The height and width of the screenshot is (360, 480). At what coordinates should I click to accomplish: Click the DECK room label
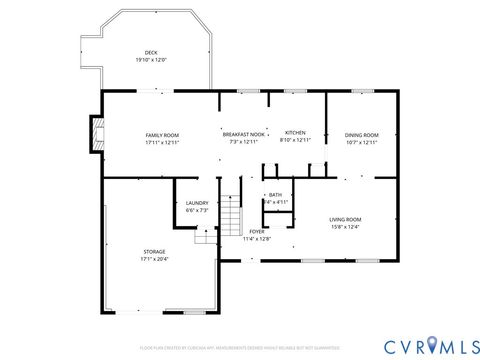[151, 52]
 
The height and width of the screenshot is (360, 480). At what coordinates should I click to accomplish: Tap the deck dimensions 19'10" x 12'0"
[151, 59]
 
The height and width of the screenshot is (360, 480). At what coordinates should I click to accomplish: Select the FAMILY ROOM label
[162, 135]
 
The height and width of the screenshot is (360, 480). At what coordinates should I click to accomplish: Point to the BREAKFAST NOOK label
[243, 134]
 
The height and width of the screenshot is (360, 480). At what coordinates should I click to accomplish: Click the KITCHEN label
[295, 133]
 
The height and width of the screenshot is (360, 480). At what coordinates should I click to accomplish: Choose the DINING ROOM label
[362, 135]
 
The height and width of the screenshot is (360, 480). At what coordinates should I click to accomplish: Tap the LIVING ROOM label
[346, 219]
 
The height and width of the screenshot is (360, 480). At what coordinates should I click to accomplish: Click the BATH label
[275, 195]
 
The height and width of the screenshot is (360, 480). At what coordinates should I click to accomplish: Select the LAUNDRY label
[197, 203]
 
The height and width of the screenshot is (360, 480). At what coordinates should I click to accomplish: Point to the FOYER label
[257, 231]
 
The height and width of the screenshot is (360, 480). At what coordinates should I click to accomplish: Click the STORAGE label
[154, 251]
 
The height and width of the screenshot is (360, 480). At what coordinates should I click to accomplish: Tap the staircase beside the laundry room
[232, 212]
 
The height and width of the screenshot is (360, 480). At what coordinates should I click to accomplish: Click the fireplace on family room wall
[96, 134]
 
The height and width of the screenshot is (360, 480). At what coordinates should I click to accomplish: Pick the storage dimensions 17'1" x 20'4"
[154, 258]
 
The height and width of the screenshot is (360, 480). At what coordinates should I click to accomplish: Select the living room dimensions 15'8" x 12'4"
[346, 226]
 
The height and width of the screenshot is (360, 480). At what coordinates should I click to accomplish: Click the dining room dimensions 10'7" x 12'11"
[362, 142]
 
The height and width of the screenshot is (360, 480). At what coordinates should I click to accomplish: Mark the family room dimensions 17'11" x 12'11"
[162, 142]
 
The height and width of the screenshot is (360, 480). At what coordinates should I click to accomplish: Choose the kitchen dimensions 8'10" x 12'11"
[296, 140]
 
